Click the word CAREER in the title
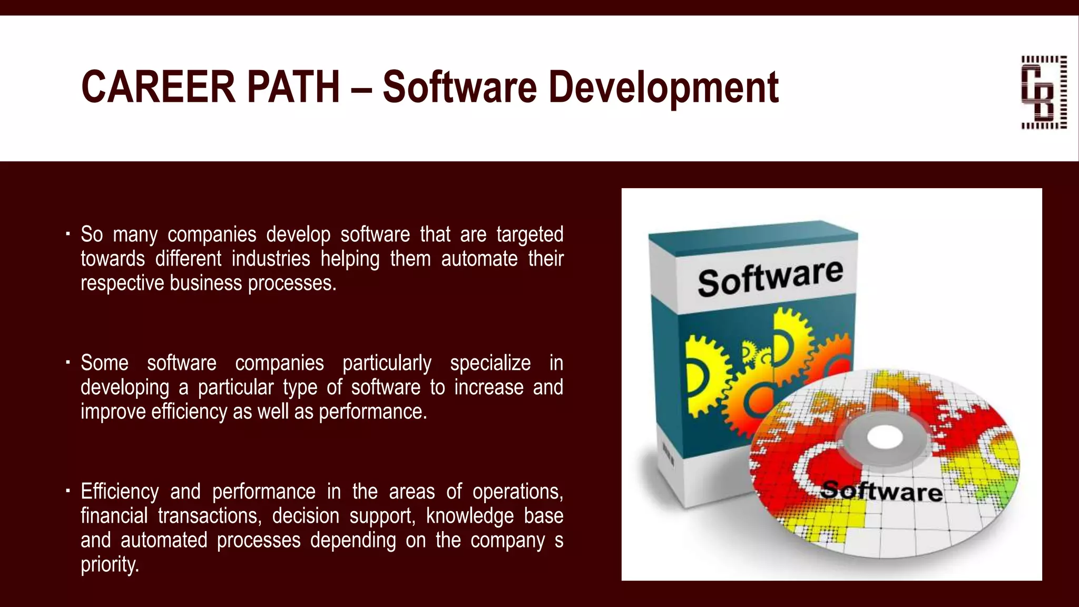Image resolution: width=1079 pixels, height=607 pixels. (x=158, y=87)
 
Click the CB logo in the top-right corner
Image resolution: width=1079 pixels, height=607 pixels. (x=1044, y=92)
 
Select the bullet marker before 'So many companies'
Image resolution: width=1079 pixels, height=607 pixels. (x=68, y=233)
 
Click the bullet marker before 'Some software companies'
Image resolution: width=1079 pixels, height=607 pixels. (x=68, y=362)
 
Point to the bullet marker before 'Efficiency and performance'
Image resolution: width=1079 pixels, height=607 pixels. (x=68, y=491)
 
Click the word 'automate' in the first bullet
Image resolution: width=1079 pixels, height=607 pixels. (x=479, y=259)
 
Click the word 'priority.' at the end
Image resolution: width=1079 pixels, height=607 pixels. (x=110, y=564)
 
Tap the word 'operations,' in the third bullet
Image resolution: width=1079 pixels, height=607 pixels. (x=517, y=492)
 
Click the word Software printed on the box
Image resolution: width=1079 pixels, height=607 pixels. (x=770, y=278)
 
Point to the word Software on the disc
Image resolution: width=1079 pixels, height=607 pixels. (x=881, y=491)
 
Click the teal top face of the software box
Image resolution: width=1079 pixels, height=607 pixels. (x=753, y=237)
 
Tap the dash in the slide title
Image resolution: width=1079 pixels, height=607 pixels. (x=361, y=88)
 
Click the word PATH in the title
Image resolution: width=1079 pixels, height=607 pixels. (x=293, y=87)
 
